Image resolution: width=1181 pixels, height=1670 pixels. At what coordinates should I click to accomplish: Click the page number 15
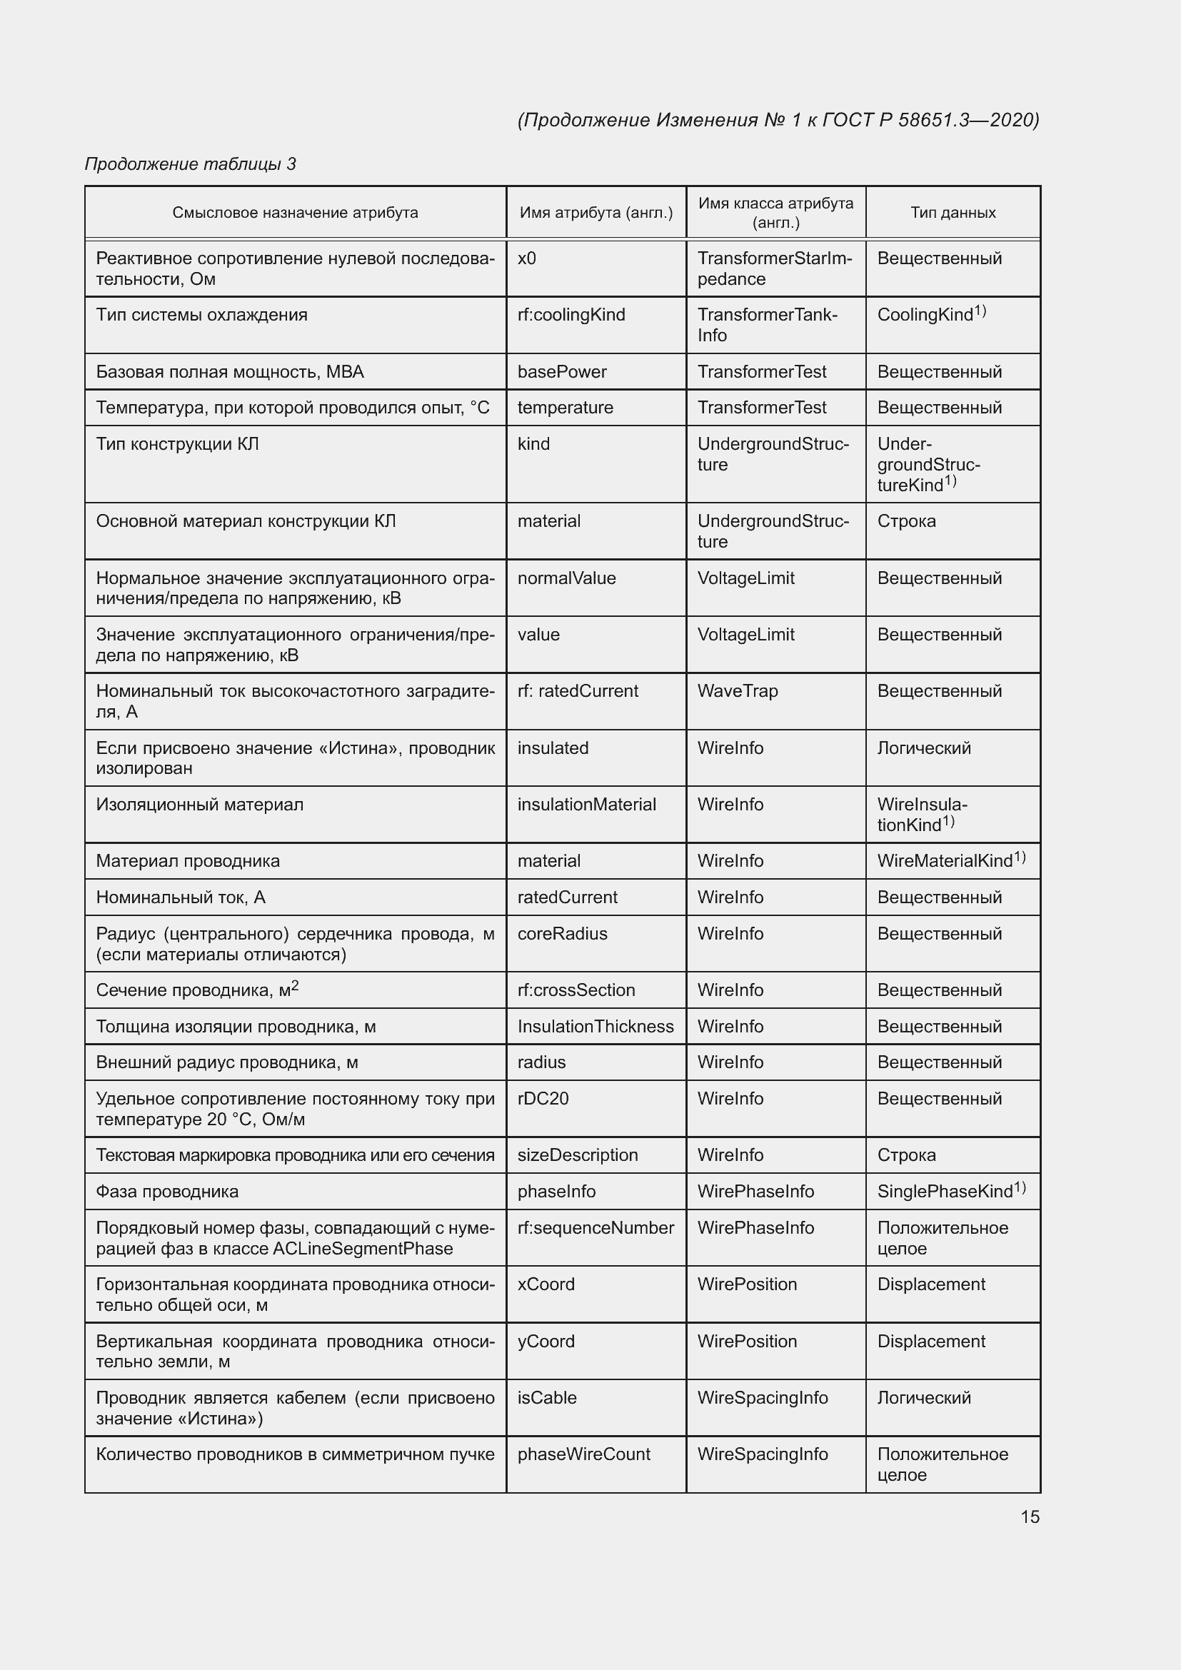pyautogui.click(x=1030, y=1516)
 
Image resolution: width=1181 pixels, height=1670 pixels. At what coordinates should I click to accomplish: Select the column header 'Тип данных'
pyautogui.click(x=953, y=212)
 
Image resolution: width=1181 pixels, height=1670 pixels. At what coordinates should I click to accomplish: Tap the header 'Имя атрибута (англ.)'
pyautogui.click(x=595, y=212)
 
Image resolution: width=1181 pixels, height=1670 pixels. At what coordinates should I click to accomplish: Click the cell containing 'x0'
pyautogui.click(x=526, y=258)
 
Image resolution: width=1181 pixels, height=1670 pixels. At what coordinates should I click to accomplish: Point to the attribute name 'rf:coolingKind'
pyautogui.click(x=571, y=315)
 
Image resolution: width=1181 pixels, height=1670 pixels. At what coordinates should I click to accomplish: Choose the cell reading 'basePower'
pyautogui.click(x=561, y=372)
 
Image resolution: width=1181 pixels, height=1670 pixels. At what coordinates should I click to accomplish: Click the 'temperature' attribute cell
pyautogui.click(x=565, y=407)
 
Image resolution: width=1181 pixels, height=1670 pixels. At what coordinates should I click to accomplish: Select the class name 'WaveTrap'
pyautogui.click(x=738, y=691)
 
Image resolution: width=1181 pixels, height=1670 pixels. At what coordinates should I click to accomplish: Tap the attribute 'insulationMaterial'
pyautogui.click(x=586, y=805)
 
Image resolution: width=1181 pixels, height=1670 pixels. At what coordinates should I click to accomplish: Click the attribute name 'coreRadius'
pyautogui.click(x=562, y=933)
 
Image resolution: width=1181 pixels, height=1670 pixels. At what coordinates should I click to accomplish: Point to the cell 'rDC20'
pyautogui.click(x=543, y=1098)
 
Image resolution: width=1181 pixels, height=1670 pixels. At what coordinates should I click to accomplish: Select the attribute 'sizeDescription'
pyautogui.click(x=578, y=1155)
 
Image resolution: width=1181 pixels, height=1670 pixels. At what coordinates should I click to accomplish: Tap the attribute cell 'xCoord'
pyautogui.click(x=546, y=1284)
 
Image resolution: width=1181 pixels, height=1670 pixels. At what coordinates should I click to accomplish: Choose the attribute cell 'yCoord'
pyautogui.click(x=546, y=1342)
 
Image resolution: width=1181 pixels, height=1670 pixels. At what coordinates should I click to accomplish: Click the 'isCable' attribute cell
pyautogui.click(x=547, y=1398)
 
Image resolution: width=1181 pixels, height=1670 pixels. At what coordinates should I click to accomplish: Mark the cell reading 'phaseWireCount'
pyautogui.click(x=583, y=1454)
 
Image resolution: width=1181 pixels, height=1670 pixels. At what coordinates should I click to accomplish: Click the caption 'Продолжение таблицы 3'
pyautogui.click(x=191, y=164)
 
